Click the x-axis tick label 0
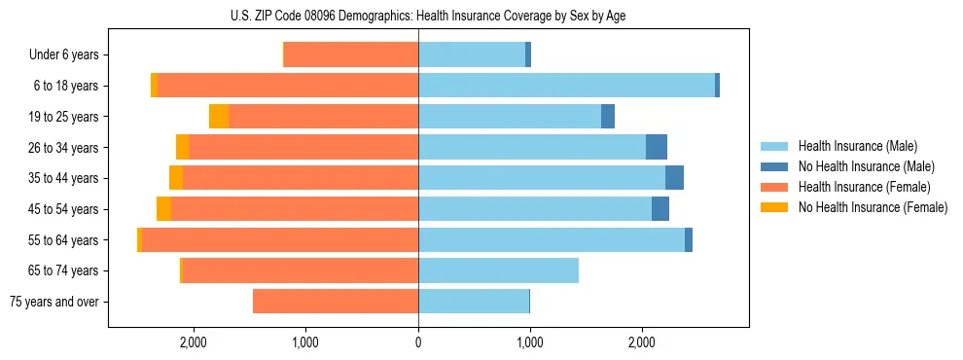point(418,342)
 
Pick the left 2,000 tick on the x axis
point(194,342)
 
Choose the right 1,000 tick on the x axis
point(530,342)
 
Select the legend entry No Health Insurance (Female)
point(873,207)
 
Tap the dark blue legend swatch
point(774,166)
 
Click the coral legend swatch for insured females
point(774,187)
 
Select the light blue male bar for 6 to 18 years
point(566,86)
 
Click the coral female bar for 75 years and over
point(336,302)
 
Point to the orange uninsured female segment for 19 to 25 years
point(219,117)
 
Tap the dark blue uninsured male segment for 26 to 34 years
point(657,147)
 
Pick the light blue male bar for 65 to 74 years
point(498,270)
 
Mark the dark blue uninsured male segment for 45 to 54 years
point(660,209)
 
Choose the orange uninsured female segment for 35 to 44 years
point(176,178)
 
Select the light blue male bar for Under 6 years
point(472,55)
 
